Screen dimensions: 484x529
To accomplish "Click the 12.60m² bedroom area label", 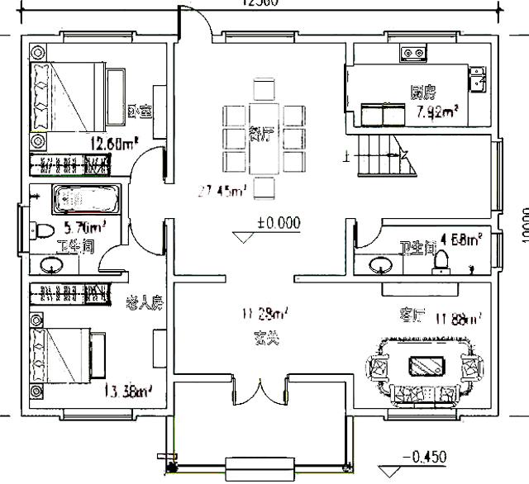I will [112, 144].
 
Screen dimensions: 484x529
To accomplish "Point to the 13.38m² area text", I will [126, 391].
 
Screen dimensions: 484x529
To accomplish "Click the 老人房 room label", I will [144, 302].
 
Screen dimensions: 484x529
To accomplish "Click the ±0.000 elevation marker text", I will [278, 223].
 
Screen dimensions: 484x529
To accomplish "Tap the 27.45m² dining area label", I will [222, 192].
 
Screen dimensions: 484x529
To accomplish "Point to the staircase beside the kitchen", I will [387, 154].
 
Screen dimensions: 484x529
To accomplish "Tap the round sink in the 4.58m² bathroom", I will [381, 265].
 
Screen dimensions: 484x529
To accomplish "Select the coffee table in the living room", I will [426, 364].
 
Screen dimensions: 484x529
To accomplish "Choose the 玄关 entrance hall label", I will [265, 338].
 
